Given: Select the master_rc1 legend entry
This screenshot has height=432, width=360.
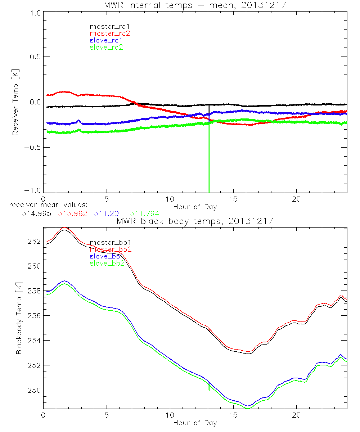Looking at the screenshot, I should coord(106,26).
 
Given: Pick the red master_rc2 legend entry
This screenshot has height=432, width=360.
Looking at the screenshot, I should coord(109,33).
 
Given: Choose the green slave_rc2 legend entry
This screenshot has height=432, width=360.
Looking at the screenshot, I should coord(106,47).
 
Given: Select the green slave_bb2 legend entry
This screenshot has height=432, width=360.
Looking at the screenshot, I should coord(107,264).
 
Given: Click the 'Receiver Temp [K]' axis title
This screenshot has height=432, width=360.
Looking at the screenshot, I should coord(15,102).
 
